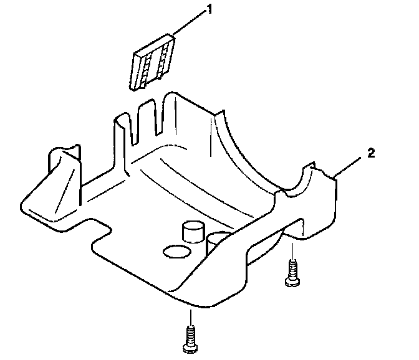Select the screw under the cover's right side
[291, 274]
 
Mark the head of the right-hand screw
[291, 282]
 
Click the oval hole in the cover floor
[175, 252]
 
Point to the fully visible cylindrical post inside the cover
[193, 231]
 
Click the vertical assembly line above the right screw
[290, 252]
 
